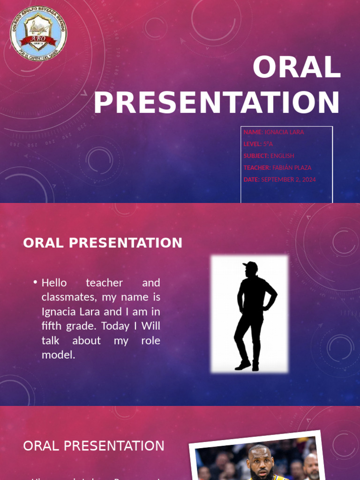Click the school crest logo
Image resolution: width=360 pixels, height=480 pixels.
coord(38,33)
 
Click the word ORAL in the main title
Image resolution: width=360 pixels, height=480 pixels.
coord(296,67)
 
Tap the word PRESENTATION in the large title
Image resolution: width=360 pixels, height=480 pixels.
coord(217,103)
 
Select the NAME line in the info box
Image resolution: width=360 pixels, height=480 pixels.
coord(274,132)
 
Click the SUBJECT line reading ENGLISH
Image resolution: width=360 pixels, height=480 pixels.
coord(269,156)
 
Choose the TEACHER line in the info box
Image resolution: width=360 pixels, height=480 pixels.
coord(277,167)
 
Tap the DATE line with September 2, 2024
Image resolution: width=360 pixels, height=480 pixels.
coord(280,180)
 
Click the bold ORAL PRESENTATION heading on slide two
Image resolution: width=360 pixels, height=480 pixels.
coord(103,243)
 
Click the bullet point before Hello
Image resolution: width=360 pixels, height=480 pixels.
coord(35,283)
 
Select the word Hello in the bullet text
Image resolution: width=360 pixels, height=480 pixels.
coord(54,283)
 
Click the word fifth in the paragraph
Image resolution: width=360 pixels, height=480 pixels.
coord(52,326)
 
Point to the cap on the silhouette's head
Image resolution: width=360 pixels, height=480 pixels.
coord(251,265)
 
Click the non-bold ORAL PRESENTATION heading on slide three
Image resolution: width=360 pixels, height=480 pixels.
coord(94,446)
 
